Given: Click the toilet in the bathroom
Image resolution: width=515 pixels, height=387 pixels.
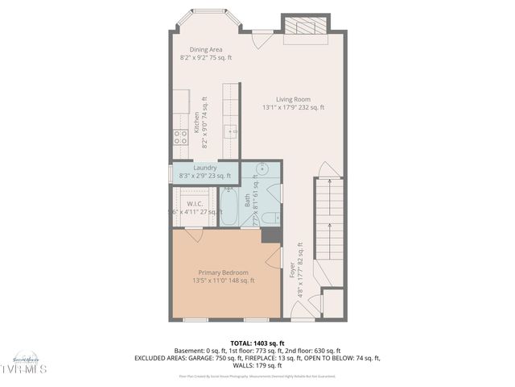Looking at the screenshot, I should pyautogui.click(x=271, y=216).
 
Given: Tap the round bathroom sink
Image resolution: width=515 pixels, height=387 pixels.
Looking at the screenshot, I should pyautogui.click(x=262, y=169).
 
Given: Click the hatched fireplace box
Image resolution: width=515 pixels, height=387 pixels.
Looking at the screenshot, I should pyautogui.click(x=306, y=27).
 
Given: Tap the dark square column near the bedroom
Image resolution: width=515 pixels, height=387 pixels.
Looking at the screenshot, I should pyautogui.click(x=272, y=235).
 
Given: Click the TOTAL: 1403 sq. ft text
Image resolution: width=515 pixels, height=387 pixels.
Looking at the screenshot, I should pyautogui.click(x=257, y=343).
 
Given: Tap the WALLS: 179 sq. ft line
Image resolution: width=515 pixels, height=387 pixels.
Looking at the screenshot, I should pyautogui.click(x=257, y=365).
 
